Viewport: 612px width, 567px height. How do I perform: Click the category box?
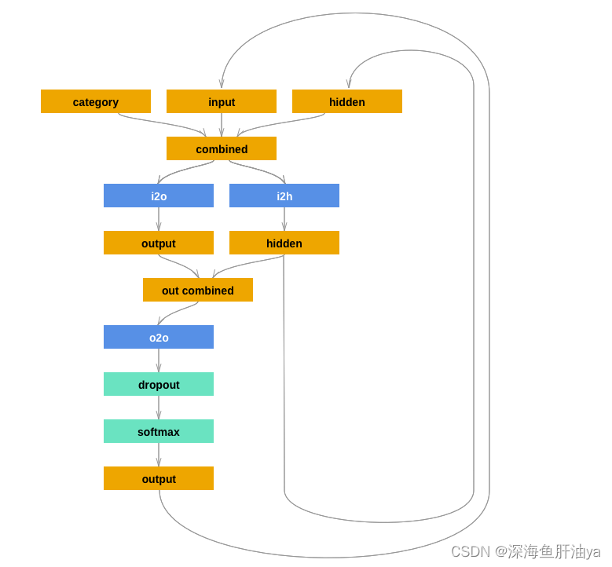[96, 101]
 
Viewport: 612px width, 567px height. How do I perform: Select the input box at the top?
[222, 101]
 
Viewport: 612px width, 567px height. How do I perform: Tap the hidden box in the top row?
[347, 101]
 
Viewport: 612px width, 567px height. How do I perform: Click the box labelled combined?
[222, 148]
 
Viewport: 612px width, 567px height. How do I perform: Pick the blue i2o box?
[159, 196]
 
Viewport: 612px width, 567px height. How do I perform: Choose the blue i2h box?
[284, 196]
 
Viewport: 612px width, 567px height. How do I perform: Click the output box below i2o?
[159, 243]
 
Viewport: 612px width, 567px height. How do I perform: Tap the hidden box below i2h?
[284, 243]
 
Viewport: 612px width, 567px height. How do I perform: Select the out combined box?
[198, 290]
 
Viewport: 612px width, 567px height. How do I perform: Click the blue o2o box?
[159, 337]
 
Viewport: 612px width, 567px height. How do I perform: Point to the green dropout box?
[159, 384]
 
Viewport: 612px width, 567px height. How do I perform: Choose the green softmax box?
[159, 431]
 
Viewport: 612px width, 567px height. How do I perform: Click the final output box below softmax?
[159, 478]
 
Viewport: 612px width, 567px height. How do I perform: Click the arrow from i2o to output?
[159, 219]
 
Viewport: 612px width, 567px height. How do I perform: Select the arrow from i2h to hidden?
[284, 219]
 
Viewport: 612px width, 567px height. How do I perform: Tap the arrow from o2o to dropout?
[159, 360]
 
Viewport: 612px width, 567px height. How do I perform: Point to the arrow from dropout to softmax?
[159, 408]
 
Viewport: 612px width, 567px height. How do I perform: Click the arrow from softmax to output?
[159, 455]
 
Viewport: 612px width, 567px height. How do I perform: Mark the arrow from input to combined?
[222, 125]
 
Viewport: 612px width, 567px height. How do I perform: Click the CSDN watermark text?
[525, 551]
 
